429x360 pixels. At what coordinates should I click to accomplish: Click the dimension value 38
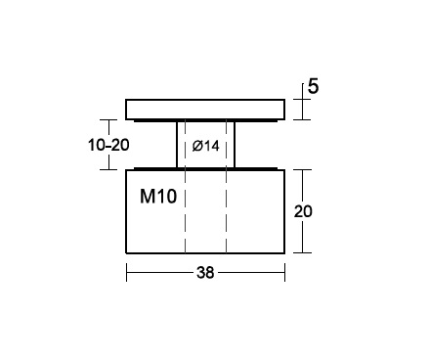point(205,272)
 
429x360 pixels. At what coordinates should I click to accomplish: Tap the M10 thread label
point(158,197)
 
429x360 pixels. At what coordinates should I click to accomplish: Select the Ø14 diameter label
point(205,146)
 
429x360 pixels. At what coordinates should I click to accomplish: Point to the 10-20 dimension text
point(108,145)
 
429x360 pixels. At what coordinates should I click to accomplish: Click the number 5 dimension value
point(313,86)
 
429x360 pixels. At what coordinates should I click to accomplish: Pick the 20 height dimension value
point(303,211)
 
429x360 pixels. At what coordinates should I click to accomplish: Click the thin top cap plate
point(205,110)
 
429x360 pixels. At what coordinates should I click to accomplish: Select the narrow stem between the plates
point(205,145)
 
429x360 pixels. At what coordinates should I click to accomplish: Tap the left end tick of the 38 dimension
point(127,272)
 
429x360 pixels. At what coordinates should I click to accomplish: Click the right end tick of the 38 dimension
point(284,272)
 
